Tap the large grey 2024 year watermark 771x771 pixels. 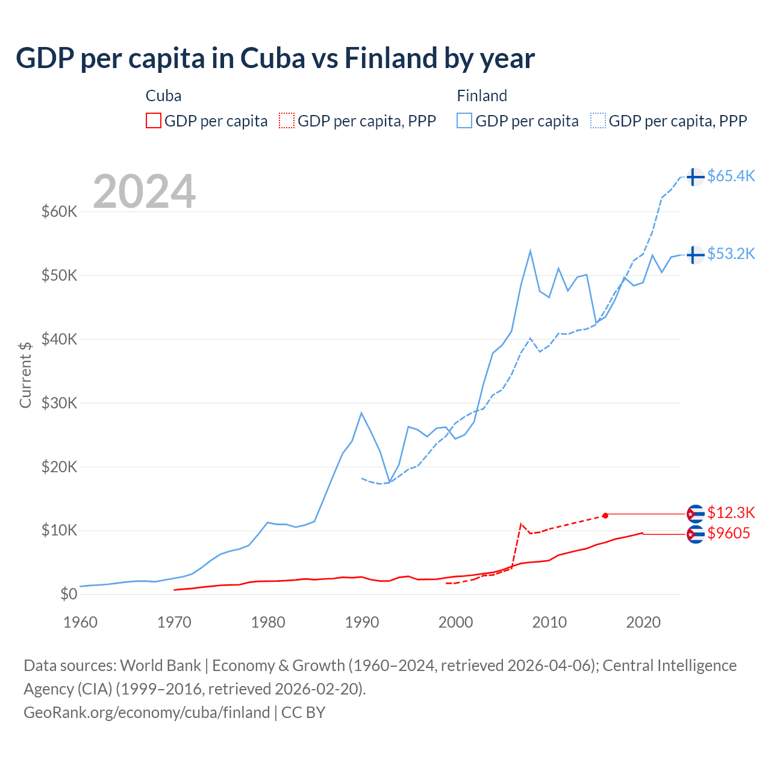[144, 192]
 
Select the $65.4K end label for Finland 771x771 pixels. [731, 176]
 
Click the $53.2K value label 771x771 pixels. [731, 254]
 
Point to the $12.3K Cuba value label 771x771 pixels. [731, 513]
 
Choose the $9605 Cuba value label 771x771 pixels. [728, 533]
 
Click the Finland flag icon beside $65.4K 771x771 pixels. [695, 176]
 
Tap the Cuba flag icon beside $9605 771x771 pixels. [695, 534]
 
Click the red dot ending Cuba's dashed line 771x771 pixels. [605, 515]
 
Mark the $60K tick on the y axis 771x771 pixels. [59, 211]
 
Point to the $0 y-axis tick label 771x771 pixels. [68, 594]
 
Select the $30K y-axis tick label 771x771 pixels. [59, 403]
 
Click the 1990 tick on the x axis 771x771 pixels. [361, 622]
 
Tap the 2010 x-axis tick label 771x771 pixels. [549, 622]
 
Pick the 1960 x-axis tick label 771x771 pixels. [80, 622]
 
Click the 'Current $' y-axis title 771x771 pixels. [25, 375]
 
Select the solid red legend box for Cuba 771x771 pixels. [154, 121]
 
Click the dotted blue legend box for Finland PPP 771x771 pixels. [598, 121]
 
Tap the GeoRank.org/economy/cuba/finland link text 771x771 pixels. [146, 713]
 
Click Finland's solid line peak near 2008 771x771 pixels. [530, 251]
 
